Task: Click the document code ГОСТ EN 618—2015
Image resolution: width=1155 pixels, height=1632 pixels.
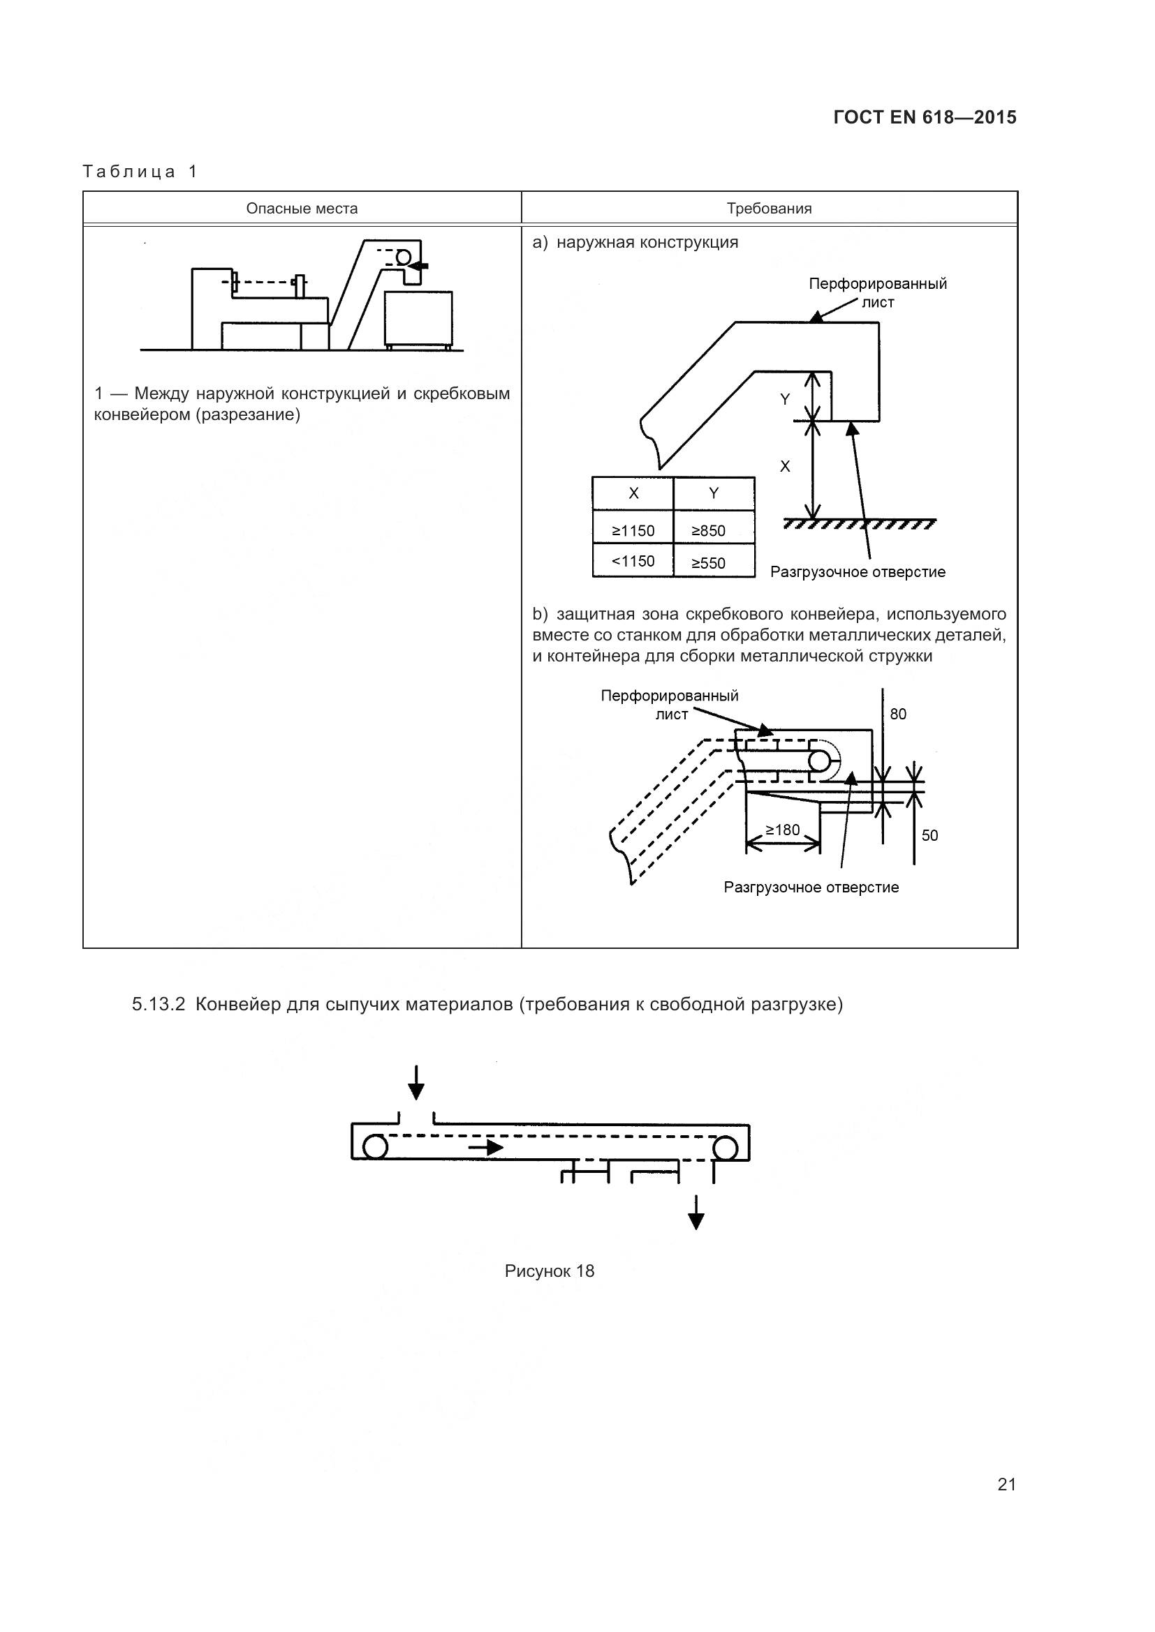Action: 925,117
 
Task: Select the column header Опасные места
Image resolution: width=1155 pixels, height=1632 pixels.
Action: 302,209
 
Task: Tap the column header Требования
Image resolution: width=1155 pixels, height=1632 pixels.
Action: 769,209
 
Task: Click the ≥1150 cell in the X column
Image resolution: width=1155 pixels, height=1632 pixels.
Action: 633,531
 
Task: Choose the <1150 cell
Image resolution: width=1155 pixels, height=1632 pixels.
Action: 633,562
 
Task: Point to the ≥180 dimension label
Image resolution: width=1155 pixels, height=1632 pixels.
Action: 782,830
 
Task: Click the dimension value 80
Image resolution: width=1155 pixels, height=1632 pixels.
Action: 898,714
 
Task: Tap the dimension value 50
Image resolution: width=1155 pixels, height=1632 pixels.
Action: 929,836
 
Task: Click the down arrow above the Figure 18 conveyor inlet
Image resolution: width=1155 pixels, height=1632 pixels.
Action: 416,1083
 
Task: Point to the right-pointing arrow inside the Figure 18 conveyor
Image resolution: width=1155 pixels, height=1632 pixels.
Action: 486,1147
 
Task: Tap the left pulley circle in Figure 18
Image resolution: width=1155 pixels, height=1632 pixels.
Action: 375,1147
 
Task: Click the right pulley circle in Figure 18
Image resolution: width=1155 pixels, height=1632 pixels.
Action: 726,1147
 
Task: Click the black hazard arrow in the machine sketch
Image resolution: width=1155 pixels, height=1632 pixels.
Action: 420,265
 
